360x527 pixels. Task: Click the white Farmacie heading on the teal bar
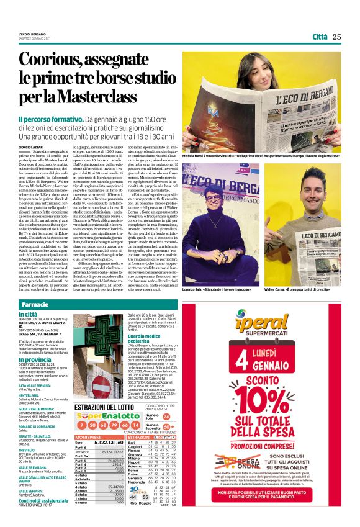tap(34, 305)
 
